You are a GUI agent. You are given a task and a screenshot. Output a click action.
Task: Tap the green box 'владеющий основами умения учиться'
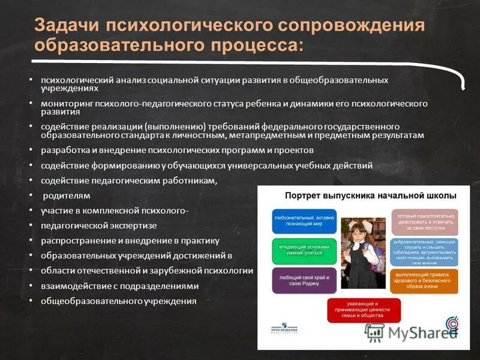pyautogui.click(x=304, y=251)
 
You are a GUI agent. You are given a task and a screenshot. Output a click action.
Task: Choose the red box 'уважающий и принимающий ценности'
pyautogui.click(x=363, y=310)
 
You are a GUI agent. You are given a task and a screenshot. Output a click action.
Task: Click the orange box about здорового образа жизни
pyautogui.click(x=424, y=280)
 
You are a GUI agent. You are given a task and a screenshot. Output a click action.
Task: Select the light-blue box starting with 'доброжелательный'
pyautogui.click(x=424, y=251)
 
